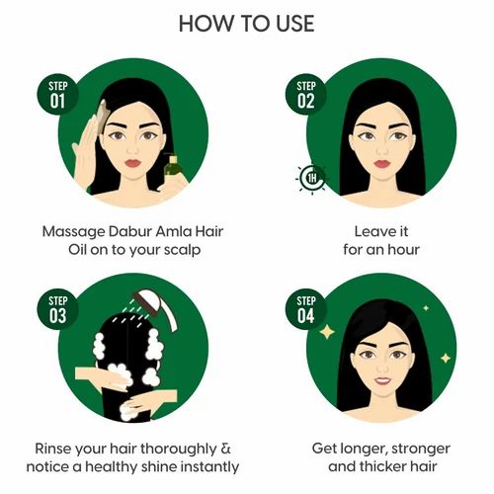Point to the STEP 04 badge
tap(304, 309)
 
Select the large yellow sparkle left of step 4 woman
tap(326, 333)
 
